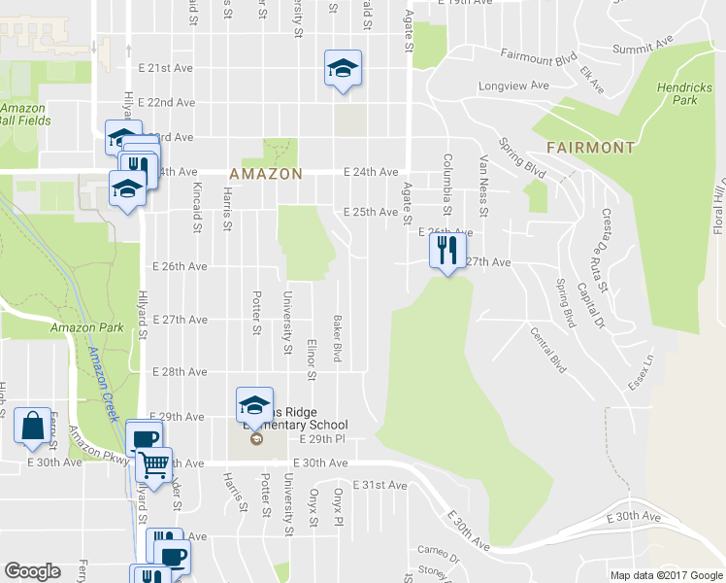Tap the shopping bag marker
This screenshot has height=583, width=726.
pyautogui.click(x=33, y=425)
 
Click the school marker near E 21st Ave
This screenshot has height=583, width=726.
pyautogui.click(x=342, y=68)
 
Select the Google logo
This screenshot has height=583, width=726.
pyautogui.click(x=32, y=571)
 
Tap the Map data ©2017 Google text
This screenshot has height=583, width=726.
pyautogui.click(x=667, y=575)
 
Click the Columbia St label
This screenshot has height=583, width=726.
pyautogui.click(x=447, y=185)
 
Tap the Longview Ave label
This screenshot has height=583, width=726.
pyautogui.click(x=513, y=86)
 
